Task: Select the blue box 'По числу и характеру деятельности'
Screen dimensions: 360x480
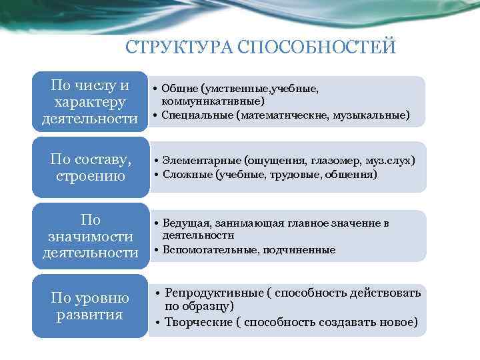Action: (x=90, y=101)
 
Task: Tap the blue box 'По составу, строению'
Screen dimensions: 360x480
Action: (x=90, y=167)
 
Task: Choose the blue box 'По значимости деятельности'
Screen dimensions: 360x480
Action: (x=90, y=236)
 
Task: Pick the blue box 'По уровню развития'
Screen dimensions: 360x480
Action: (x=90, y=305)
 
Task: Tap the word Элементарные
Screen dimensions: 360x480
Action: (x=200, y=161)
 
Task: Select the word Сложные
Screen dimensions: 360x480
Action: (x=186, y=175)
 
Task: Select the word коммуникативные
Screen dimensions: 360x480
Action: (x=212, y=101)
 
